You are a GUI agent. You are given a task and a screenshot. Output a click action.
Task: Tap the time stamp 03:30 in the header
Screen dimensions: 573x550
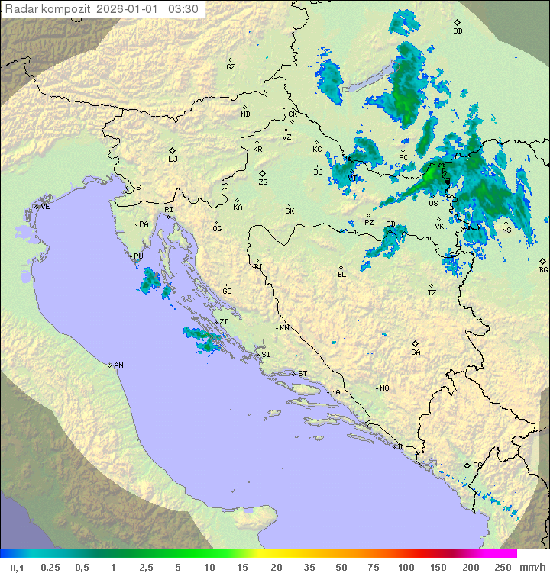(184, 9)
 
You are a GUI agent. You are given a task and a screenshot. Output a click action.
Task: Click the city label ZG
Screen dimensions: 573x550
(263, 182)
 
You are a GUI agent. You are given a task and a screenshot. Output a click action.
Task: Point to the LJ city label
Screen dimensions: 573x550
(173, 159)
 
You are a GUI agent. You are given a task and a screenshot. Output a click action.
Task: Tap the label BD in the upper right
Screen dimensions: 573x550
(458, 31)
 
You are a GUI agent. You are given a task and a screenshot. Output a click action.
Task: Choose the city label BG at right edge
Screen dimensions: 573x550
(543, 269)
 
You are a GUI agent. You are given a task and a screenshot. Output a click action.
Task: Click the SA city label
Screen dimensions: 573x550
(416, 352)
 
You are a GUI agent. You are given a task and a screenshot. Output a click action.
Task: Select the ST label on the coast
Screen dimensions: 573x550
(302, 373)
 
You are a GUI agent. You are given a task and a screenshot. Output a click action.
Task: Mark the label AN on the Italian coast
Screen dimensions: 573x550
(118, 365)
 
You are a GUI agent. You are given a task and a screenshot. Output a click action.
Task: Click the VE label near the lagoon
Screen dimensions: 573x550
(45, 207)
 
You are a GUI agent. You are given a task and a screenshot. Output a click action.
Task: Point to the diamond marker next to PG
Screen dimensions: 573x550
(467, 465)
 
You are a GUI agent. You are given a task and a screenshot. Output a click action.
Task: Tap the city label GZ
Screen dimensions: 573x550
(231, 66)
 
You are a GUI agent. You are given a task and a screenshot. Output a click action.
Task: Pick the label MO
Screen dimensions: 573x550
(384, 388)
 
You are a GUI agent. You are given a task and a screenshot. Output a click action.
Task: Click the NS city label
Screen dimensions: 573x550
(506, 230)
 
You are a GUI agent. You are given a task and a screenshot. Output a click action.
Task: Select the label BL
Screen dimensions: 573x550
(341, 274)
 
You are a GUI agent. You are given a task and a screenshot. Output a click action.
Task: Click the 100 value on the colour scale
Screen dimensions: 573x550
(406, 567)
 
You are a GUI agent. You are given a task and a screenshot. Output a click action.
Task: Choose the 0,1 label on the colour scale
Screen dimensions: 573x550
(17, 567)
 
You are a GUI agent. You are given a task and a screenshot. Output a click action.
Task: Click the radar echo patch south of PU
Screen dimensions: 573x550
(153, 282)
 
